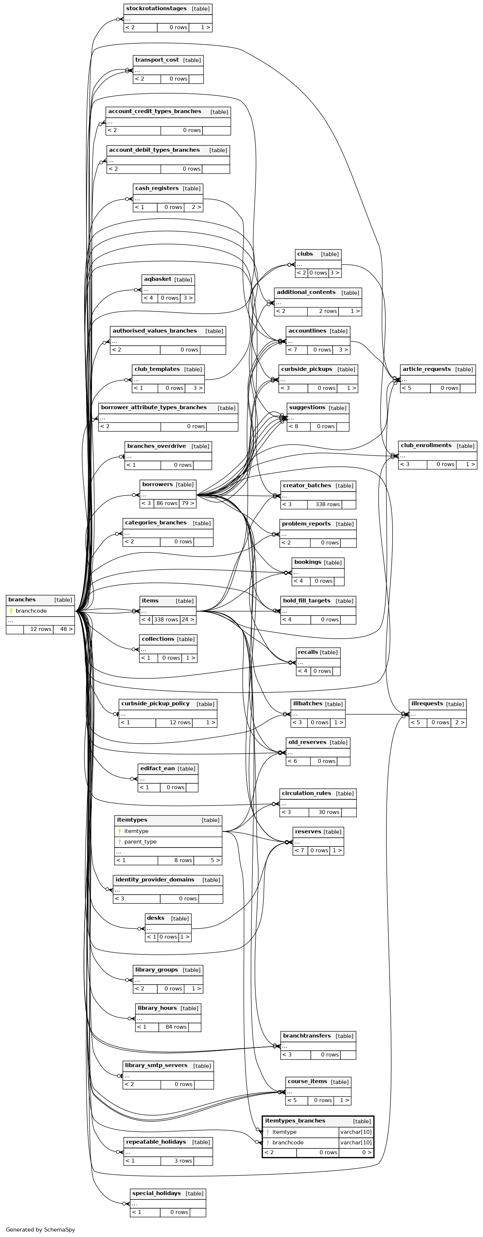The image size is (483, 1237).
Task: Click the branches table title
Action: (x=22, y=600)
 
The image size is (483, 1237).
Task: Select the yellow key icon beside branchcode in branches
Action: (x=11, y=611)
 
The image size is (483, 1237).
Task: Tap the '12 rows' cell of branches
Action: (x=40, y=629)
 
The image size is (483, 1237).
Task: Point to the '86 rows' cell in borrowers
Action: (x=167, y=503)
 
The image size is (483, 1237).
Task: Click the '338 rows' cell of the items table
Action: (x=166, y=620)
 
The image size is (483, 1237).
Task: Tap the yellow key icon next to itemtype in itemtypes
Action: (x=120, y=831)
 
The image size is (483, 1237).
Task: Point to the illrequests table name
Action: (x=427, y=703)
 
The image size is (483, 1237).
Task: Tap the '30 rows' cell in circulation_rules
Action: (x=329, y=812)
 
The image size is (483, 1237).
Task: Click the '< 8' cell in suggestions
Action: (x=298, y=426)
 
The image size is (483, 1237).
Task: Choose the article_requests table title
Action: (x=426, y=369)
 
